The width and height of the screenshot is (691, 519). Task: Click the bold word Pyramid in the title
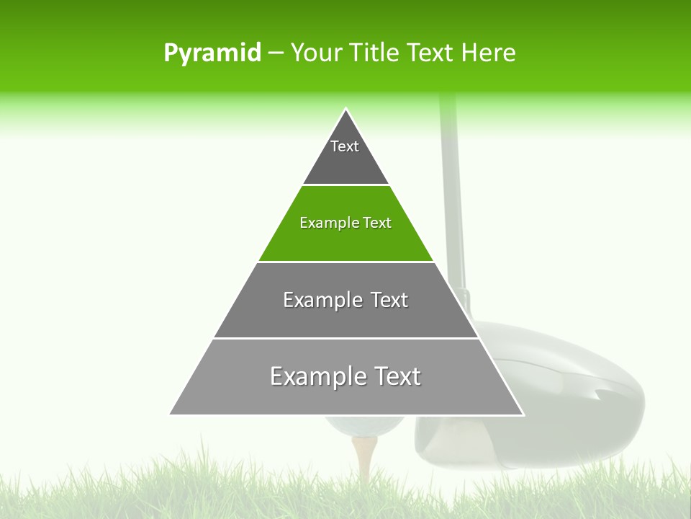click(x=212, y=53)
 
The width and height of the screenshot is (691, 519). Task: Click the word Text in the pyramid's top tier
click(x=345, y=146)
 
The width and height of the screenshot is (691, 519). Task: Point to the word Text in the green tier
click(x=377, y=223)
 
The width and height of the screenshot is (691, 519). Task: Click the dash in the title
click(x=276, y=53)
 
